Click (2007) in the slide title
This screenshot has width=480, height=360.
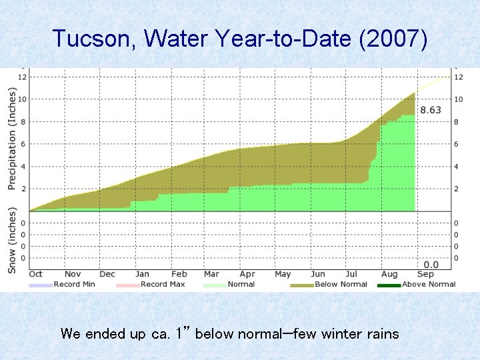coord(393,39)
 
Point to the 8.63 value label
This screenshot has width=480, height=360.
coord(431,110)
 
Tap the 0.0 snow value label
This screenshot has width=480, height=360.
coord(431,265)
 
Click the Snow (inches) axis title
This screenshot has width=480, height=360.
coord(11,240)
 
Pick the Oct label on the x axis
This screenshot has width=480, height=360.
coord(36,274)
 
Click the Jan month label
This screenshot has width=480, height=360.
coord(142,274)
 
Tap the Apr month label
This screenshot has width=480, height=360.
coord(247,274)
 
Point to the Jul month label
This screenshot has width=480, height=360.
coord(351,274)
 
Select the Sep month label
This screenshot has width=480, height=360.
coord(424,274)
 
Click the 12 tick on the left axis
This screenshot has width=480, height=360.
coord(22,77)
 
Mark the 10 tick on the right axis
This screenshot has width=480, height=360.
coord(459,99)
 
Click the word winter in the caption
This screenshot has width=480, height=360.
coord(342,333)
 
